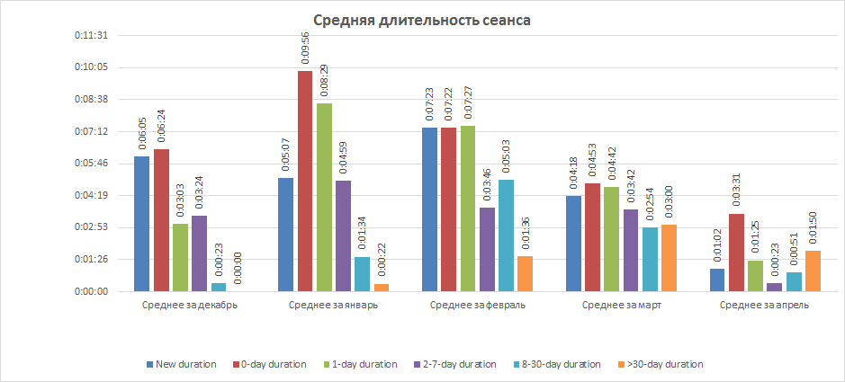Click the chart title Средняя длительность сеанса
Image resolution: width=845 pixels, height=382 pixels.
[422, 20]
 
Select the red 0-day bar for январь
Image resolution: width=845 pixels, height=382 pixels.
[305, 181]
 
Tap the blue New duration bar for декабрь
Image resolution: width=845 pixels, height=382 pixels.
[141, 224]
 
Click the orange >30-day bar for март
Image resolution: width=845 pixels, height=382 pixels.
[669, 258]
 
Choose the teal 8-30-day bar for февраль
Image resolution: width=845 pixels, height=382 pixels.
[506, 235]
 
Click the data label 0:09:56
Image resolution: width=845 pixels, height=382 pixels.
[305, 49]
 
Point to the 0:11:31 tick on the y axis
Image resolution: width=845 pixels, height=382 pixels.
[91, 35]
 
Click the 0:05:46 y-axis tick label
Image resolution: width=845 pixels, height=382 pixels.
[91, 164]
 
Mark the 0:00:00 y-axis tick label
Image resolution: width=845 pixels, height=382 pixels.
[91, 291]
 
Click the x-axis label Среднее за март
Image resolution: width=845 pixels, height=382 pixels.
[622, 306]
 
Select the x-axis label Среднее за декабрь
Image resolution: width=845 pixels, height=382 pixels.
[190, 306]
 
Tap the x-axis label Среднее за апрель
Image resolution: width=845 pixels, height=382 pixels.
[765, 306]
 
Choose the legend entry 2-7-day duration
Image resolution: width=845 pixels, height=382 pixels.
[457, 364]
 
